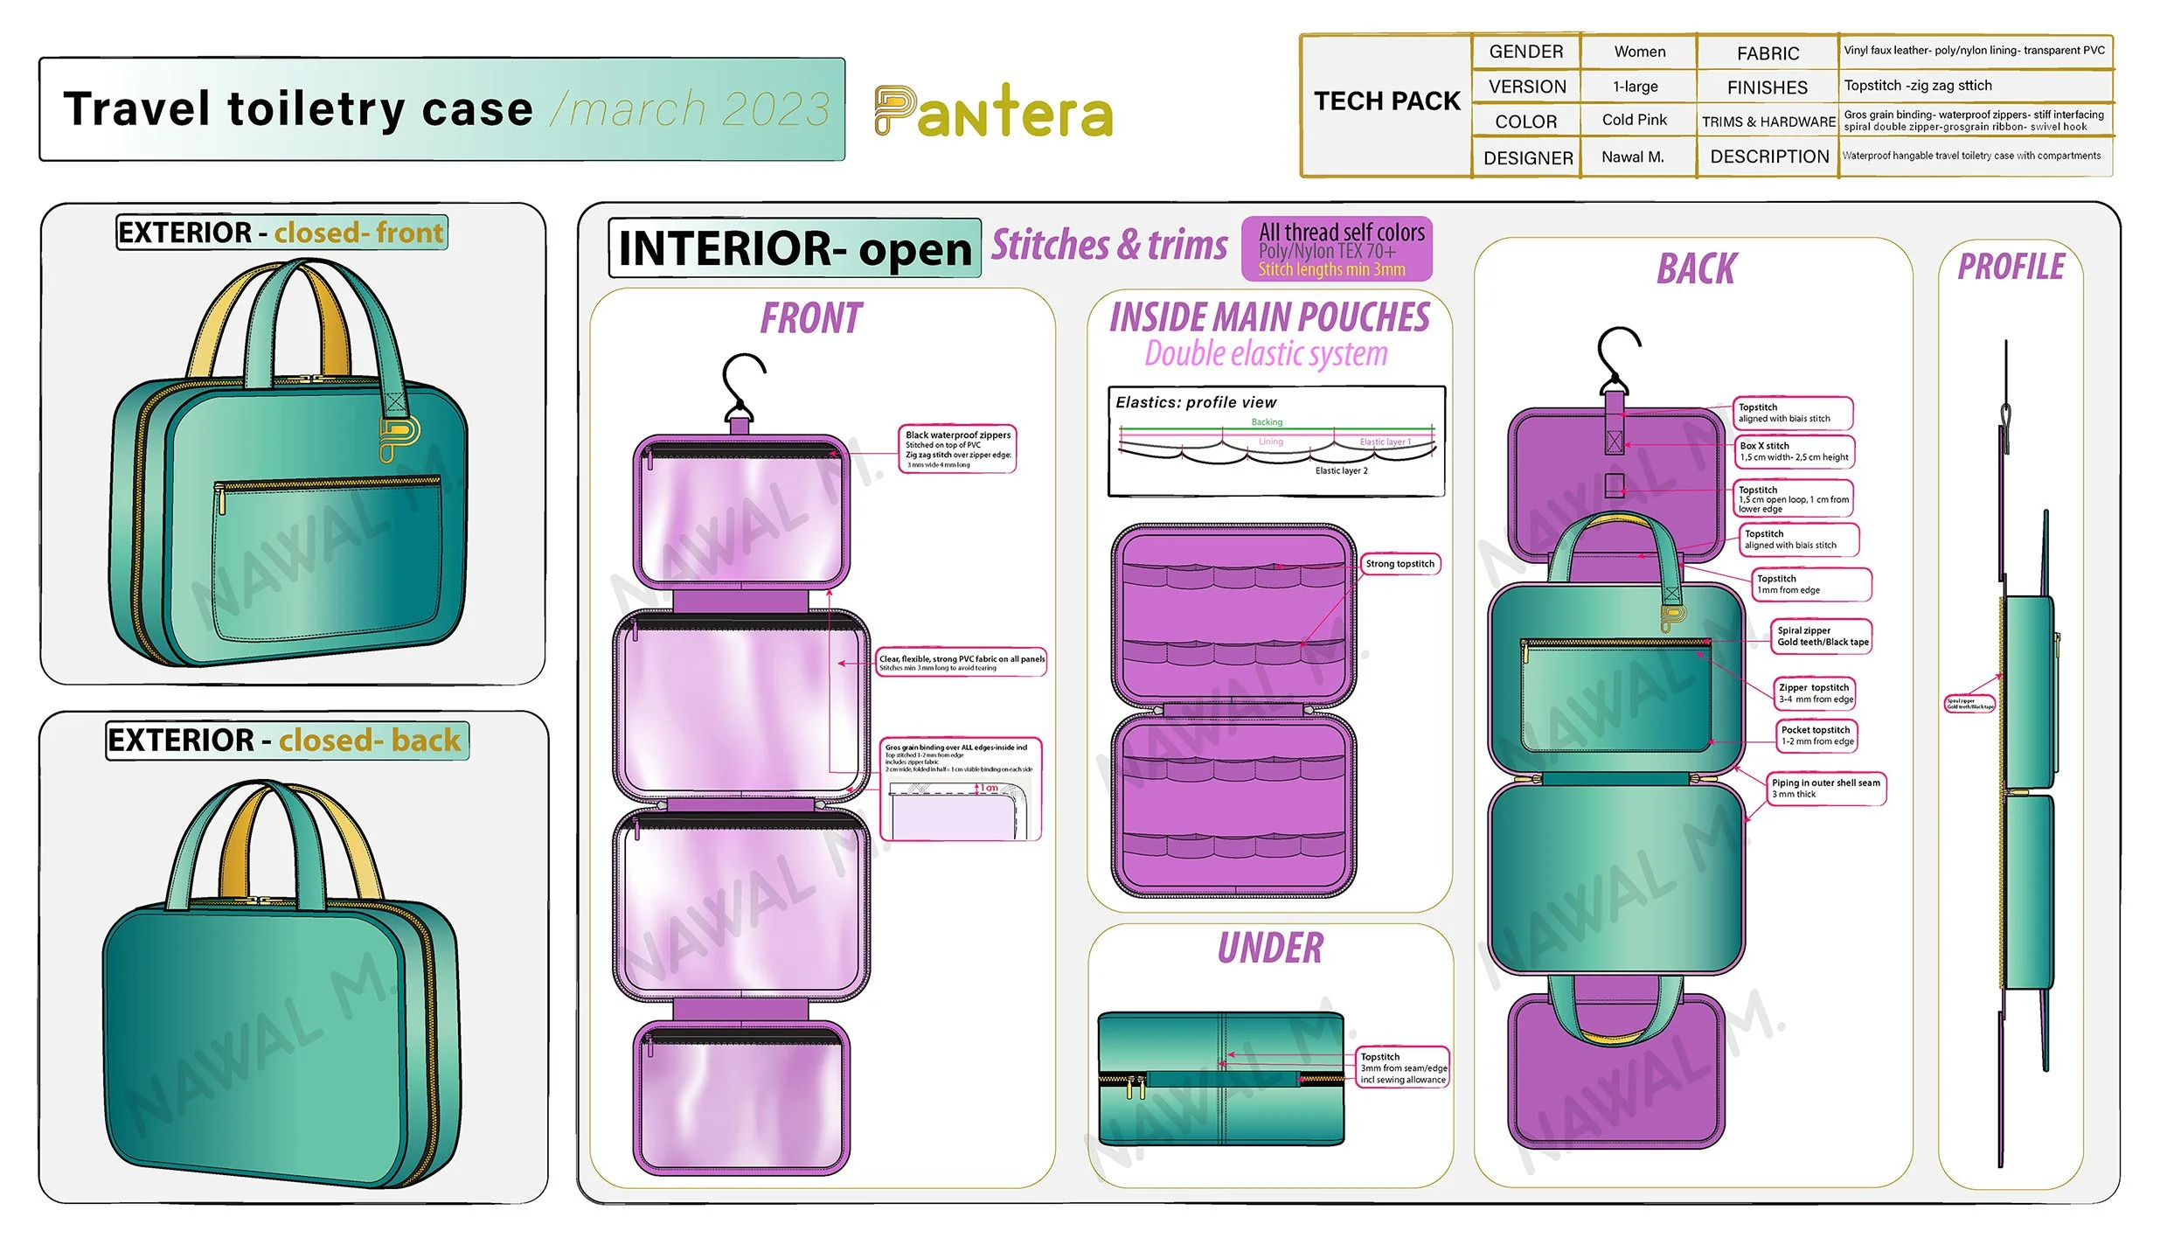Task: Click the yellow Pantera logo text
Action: pos(993,112)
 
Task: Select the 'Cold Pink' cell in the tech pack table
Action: pos(1634,120)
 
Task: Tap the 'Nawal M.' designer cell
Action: pos(1632,157)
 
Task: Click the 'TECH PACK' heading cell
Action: pos(1386,101)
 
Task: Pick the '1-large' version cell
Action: pos(1635,87)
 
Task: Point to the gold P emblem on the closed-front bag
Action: pos(398,437)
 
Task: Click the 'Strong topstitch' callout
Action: pos(1400,564)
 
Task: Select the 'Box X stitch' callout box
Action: pos(1793,451)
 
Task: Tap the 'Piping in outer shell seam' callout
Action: pos(1826,788)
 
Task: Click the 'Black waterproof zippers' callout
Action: pos(957,449)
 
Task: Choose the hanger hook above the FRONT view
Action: pos(742,385)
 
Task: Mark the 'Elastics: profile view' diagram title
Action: pos(1195,402)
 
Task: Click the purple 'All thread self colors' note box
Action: pos(1337,249)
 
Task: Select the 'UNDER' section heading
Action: pos(1270,949)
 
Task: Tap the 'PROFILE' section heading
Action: pos(2011,267)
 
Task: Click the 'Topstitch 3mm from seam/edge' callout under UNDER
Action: pos(1402,1068)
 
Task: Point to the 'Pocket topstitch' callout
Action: pos(1816,735)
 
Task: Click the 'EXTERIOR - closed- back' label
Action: pos(287,741)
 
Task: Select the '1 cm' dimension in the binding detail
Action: pos(989,788)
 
